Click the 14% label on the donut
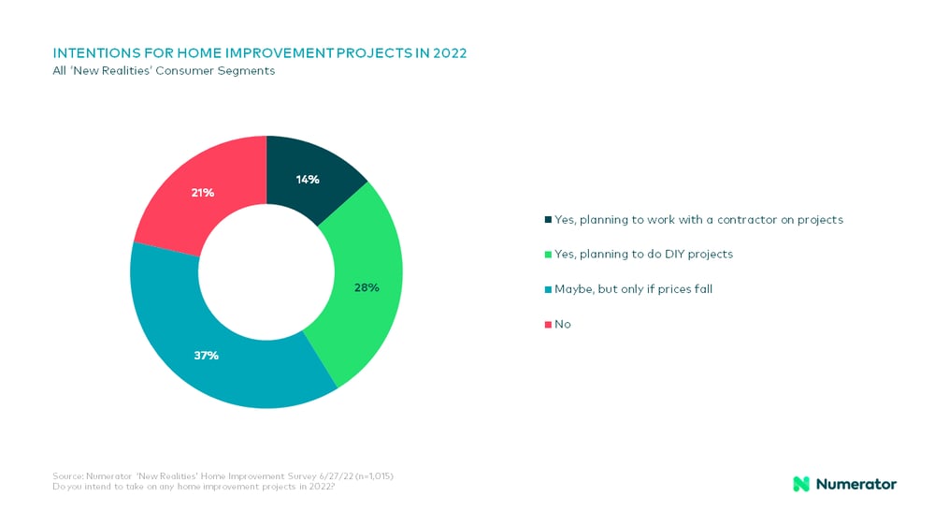point(309,179)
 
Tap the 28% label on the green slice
point(367,287)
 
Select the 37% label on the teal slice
point(206,355)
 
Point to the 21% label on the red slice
point(203,193)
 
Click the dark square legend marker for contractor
point(547,220)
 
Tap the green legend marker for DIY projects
point(547,255)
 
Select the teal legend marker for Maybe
point(547,289)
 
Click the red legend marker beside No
point(547,324)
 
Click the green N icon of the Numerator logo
point(801,484)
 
